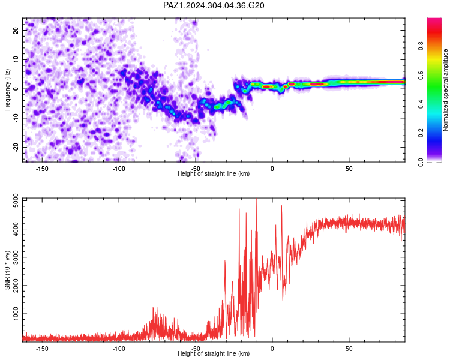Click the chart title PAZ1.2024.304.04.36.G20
tap(214, 5)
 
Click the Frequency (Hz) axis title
tap(7, 90)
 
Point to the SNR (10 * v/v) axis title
tap(7, 270)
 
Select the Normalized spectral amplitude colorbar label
tap(445, 90)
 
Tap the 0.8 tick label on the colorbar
tap(421, 46)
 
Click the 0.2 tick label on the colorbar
tap(421, 133)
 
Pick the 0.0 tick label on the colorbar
tap(421, 162)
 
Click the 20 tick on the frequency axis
tap(16, 31)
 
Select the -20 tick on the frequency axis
tap(16, 148)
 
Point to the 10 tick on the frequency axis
tap(16, 60)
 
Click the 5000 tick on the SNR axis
tap(16, 200)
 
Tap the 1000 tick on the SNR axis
tap(16, 314)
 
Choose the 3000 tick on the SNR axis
tap(16, 257)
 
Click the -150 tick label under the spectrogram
tap(42, 169)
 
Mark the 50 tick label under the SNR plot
tap(349, 349)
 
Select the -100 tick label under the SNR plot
tap(119, 349)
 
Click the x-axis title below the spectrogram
tap(214, 173)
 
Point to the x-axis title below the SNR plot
tap(214, 353)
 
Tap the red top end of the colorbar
tap(434, 20)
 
